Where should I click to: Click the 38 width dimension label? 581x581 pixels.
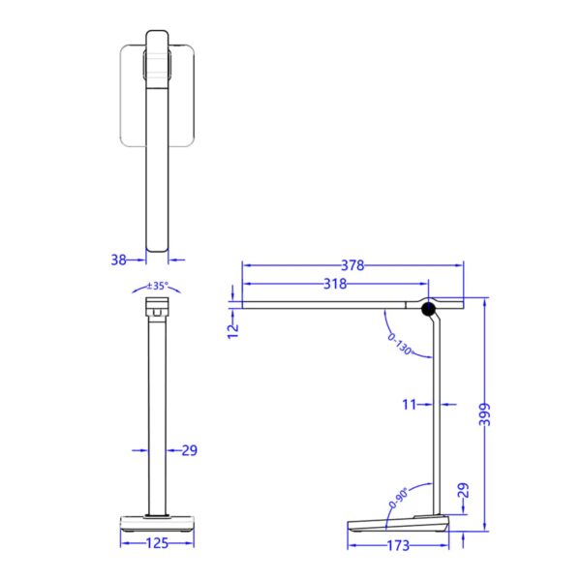pos(119,259)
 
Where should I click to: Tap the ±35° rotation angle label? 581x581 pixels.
pos(157,286)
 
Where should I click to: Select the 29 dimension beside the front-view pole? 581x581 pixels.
pos(189,450)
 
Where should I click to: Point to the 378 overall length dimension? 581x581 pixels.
pos(353,264)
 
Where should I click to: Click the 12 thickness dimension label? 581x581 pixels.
pos(231,329)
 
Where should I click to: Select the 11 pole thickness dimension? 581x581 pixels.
pos(411,404)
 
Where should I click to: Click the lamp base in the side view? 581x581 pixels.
pos(397,525)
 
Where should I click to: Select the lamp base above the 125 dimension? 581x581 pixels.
pos(157,524)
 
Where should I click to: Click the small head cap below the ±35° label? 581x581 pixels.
pos(157,308)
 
